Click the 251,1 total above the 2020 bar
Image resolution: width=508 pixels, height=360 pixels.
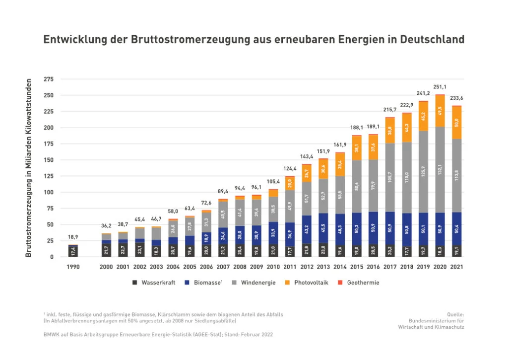[x=440, y=87]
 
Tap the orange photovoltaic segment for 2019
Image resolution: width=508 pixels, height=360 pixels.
[x=423, y=116]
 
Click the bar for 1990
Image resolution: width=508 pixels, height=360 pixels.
[x=73, y=251]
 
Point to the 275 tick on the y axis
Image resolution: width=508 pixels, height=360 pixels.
[x=49, y=79]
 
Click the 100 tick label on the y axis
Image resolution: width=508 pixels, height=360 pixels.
[x=49, y=192]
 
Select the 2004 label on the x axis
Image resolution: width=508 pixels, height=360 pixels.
[x=173, y=267]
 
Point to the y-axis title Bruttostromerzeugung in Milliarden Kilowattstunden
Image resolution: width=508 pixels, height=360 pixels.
[x=29, y=167]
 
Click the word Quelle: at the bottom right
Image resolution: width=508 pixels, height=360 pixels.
[x=455, y=314]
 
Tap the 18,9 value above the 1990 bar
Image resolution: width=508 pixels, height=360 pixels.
[x=73, y=237]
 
